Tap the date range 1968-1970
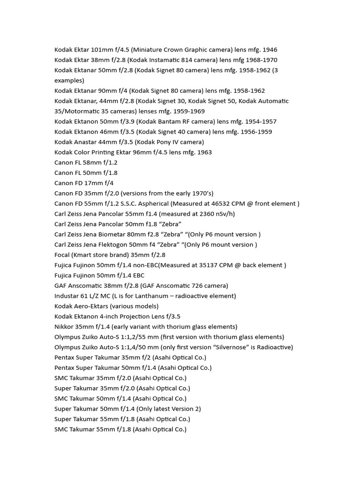[260, 60]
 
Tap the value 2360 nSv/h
[214, 214]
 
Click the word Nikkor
[64, 327]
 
